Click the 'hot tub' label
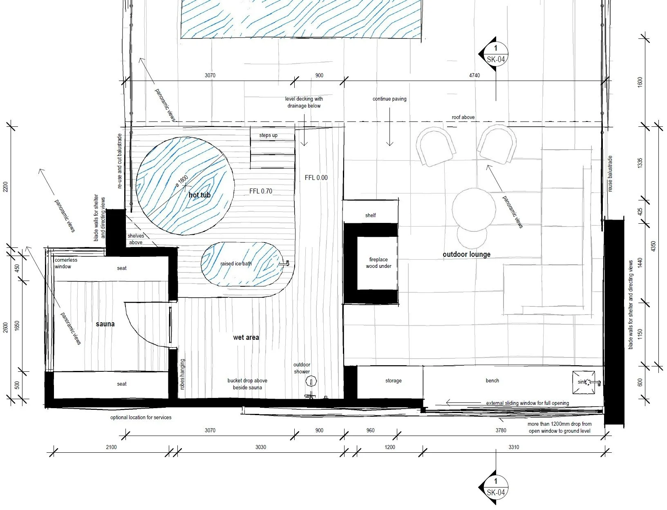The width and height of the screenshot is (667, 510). pyautogui.click(x=199, y=195)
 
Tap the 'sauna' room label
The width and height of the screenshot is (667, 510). pyautogui.click(x=105, y=324)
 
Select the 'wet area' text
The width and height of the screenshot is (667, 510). pyautogui.click(x=246, y=337)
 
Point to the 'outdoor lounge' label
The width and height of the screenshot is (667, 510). pyautogui.click(x=466, y=254)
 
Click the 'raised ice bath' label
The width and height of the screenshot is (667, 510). pyautogui.click(x=236, y=263)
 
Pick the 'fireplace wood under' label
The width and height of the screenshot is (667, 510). pyautogui.click(x=378, y=263)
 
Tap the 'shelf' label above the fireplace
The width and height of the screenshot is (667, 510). pyautogui.click(x=370, y=215)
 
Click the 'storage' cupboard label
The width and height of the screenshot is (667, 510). pyautogui.click(x=393, y=380)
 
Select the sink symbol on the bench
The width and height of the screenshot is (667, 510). pyautogui.click(x=584, y=382)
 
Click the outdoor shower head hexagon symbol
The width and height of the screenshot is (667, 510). pyautogui.click(x=311, y=381)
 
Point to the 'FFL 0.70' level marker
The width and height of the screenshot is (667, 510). pyautogui.click(x=260, y=191)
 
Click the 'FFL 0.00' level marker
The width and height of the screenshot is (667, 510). pyautogui.click(x=316, y=178)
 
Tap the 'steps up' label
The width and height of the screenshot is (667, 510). pyautogui.click(x=269, y=135)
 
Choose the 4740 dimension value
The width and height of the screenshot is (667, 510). pyautogui.click(x=475, y=75)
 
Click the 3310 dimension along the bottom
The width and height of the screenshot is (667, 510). pyautogui.click(x=514, y=447)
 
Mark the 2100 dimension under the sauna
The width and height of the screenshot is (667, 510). pyautogui.click(x=111, y=447)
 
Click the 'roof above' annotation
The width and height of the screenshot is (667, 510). pyautogui.click(x=463, y=117)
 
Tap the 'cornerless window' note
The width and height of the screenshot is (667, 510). pyautogui.click(x=66, y=263)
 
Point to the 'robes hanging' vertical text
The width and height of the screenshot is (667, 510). pyautogui.click(x=182, y=374)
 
